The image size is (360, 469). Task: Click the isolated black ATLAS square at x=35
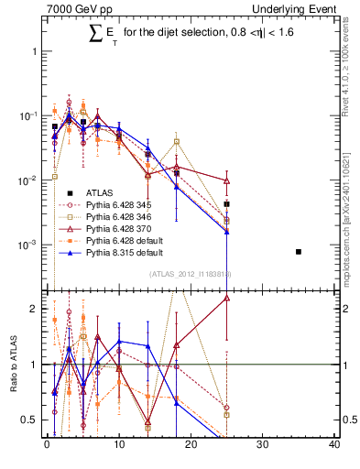pos(299,252)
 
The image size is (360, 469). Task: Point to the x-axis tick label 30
pos(263,446)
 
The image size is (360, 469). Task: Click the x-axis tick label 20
pos(191,446)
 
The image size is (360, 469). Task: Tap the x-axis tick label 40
pos(333,446)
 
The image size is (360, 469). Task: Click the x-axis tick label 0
pos(47,446)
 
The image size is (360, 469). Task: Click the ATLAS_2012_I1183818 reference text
pos(191,274)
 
